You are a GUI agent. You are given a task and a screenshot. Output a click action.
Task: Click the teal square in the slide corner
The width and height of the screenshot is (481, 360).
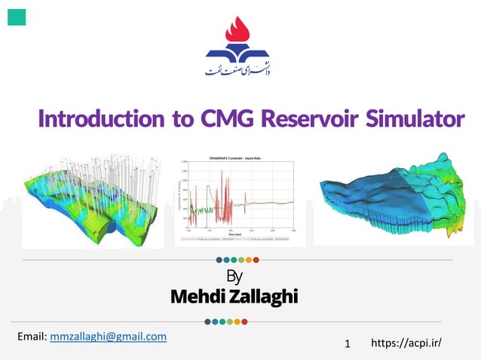pos(17,16)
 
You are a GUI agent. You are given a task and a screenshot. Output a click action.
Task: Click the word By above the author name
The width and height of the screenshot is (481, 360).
pos(234,276)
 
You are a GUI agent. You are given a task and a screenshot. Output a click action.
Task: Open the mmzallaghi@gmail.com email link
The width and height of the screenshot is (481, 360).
pos(108,336)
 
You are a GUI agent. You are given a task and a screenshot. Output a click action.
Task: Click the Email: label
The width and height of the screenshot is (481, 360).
pos(32,336)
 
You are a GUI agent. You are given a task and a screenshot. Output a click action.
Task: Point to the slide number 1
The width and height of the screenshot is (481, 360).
pos(348,344)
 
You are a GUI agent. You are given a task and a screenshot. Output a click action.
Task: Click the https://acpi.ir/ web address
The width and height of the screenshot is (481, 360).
pos(406,343)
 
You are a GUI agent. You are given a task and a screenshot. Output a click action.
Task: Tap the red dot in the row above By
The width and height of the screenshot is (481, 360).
pos(256,260)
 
